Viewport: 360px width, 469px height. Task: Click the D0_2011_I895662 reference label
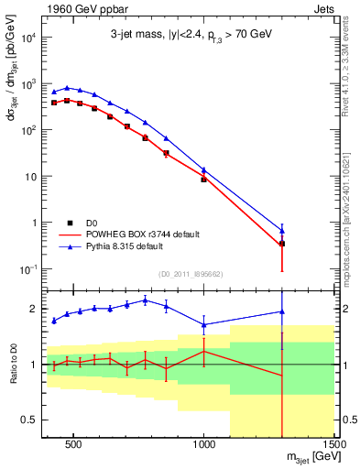pyautogui.click(x=191, y=274)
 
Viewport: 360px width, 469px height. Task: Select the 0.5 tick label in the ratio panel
pyautogui.click(x=29, y=420)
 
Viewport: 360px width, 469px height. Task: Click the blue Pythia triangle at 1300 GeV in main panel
pyautogui.click(x=282, y=230)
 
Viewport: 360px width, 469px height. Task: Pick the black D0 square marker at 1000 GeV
pyautogui.click(x=204, y=180)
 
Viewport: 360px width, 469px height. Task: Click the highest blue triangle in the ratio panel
pyautogui.click(x=145, y=300)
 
